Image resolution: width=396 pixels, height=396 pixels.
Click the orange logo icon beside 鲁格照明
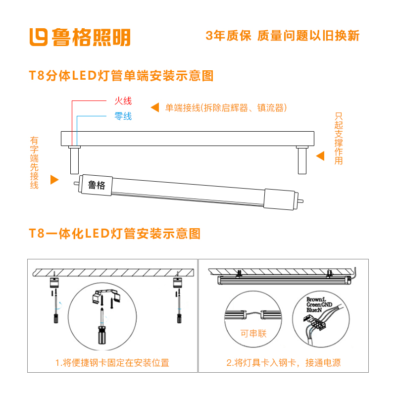point(39,37)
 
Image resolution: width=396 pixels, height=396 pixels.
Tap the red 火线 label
point(123,101)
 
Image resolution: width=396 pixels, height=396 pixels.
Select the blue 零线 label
point(123,116)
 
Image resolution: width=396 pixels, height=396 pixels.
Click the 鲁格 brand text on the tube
point(97,185)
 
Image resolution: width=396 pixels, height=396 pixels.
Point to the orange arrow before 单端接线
point(155,107)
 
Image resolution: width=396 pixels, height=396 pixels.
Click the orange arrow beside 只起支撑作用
point(320,156)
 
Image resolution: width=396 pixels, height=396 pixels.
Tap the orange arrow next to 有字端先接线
point(54,180)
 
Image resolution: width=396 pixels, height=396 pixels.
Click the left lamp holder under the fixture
point(74,160)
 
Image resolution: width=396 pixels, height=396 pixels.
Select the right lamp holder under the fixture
point(302,160)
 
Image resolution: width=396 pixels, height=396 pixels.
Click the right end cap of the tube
point(279,199)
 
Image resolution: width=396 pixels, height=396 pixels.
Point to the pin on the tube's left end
point(76,183)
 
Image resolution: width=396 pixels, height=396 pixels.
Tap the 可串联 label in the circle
point(253,333)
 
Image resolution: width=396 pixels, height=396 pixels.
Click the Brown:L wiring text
point(316,299)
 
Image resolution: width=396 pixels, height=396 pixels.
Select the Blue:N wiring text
point(314,310)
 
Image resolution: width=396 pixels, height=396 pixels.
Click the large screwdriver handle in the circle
point(102,335)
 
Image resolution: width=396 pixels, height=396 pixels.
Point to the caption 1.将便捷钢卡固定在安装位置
point(112,363)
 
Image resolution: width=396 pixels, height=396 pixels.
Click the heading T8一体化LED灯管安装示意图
point(115,233)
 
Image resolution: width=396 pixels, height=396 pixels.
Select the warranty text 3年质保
point(228,36)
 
